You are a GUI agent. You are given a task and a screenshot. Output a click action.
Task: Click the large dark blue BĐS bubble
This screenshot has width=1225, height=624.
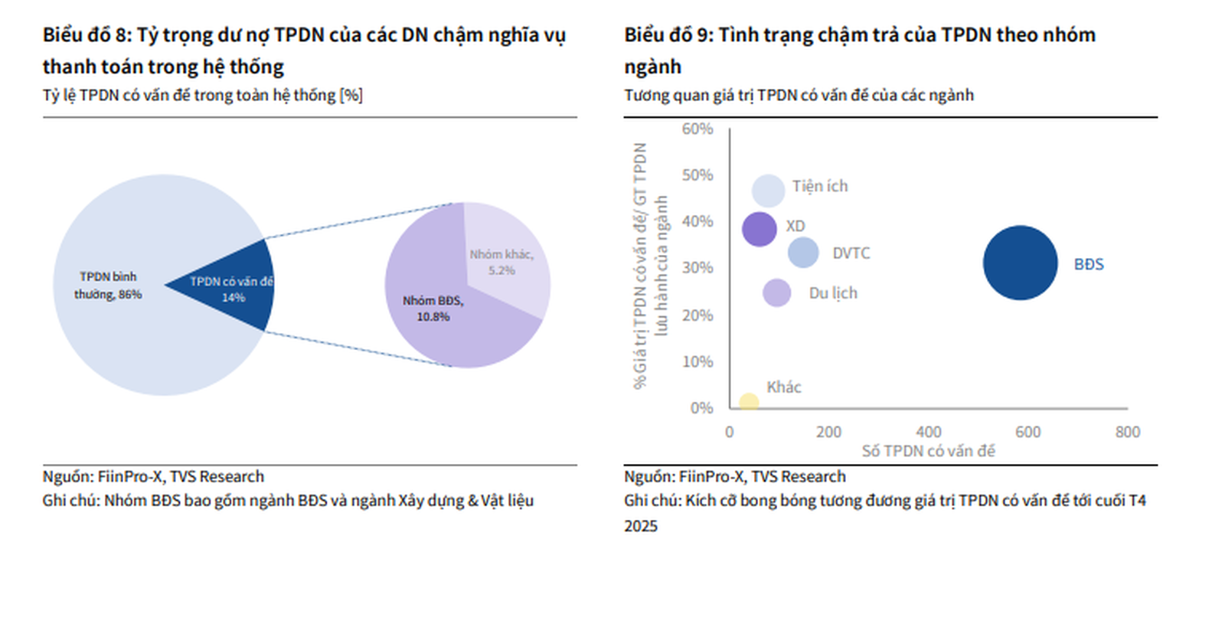click(1020, 263)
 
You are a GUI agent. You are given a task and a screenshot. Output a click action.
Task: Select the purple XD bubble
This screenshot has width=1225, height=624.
click(759, 229)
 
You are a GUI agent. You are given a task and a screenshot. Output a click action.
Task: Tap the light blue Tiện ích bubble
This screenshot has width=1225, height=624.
click(768, 191)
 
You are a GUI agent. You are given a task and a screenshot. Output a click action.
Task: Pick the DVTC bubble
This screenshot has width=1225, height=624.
click(803, 253)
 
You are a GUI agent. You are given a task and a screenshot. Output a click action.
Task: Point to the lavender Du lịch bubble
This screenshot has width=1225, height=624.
click(776, 292)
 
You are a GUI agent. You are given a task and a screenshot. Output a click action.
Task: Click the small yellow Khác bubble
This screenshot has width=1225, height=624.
click(749, 402)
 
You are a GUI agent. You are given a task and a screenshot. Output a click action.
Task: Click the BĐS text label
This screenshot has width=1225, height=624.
click(1088, 265)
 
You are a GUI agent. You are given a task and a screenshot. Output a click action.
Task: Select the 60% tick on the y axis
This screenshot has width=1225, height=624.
click(697, 129)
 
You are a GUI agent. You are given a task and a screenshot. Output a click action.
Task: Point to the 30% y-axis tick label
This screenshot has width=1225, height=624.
click(697, 268)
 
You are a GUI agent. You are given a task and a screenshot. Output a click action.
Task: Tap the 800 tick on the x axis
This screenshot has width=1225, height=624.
click(1127, 432)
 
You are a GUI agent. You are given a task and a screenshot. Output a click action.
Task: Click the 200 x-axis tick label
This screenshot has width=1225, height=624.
click(828, 432)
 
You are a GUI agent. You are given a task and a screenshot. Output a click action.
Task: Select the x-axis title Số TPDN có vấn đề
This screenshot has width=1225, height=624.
click(928, 451)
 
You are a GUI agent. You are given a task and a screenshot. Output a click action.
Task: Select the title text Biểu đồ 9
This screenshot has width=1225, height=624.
click(668, 35)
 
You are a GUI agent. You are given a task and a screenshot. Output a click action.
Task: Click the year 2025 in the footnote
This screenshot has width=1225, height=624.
click(640, 526)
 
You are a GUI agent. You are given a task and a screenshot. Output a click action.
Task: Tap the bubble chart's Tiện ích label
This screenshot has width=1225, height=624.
click(820, 186)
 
